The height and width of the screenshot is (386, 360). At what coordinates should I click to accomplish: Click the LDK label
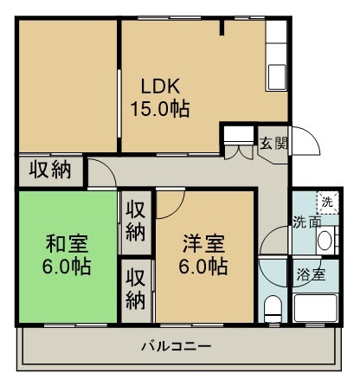[160, 87]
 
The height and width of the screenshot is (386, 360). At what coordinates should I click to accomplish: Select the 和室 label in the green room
[67, 242]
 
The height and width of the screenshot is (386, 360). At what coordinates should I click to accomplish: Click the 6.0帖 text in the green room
[67, 264]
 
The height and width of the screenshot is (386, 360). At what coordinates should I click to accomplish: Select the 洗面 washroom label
[304, 222]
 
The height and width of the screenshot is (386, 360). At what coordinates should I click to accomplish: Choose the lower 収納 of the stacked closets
[134, 289]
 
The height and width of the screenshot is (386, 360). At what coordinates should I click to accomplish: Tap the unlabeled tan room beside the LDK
[67, 87]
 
